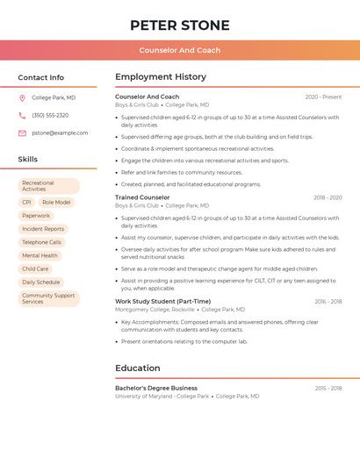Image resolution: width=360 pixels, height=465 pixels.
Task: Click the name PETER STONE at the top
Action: click(x=179, y=25)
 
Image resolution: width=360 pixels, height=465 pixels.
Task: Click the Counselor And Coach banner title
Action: click(x=179, y=50)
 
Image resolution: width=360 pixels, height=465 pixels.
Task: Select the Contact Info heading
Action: click(x=40, y=77)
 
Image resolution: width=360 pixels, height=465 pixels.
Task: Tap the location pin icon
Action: click(x=22, y=97)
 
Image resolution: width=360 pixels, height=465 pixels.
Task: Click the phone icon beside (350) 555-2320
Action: click(x=22, y=115)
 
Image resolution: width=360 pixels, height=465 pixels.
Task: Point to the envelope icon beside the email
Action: click(x=22, y=132)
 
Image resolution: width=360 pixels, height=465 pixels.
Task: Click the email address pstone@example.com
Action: click(x=60, y=132)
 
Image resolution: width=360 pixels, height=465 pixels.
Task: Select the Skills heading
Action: click(x=27, y=159)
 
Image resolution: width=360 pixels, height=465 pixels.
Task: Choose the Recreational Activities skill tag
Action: click(x=49, y=186)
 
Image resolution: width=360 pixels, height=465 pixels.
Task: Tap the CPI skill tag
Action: click(x=26, y=202)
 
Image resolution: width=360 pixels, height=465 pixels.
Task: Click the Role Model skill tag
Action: click(x=56, y=202)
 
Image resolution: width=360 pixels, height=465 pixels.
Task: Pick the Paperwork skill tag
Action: click(x=36, y=215)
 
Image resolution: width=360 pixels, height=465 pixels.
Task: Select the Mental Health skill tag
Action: click(x=40, y=255)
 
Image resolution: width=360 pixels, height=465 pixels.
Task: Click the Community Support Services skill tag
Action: click(x=49, y=298)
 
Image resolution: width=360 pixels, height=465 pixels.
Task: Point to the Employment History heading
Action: click(x=161, y=76)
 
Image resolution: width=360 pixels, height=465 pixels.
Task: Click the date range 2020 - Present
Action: click(x=323, y=97)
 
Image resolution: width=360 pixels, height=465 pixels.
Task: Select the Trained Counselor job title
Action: click(x=142, y=197)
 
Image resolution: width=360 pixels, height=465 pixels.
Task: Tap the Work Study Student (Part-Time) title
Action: click(x=162, y=301)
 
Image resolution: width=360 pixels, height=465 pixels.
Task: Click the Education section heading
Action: click(x=138, y=368)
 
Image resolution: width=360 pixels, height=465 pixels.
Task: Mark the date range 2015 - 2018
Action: click(x=328, y=388)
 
